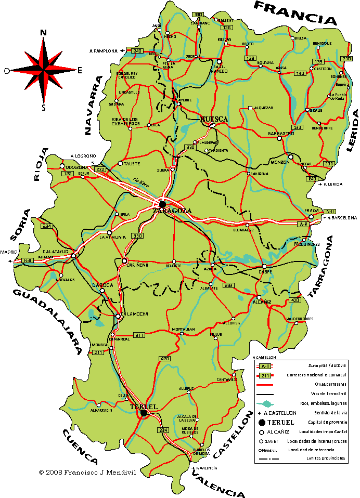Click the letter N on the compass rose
pos(43,33)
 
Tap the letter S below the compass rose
pos(44,108)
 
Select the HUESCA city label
pos(214,119)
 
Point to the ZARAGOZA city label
pos(172,211)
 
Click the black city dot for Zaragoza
pos(162,204)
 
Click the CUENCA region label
pos(81,445)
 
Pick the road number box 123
pos(298,127)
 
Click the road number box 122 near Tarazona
pos(67,174)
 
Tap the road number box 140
pos(300,73)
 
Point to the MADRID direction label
pos(8,252)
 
